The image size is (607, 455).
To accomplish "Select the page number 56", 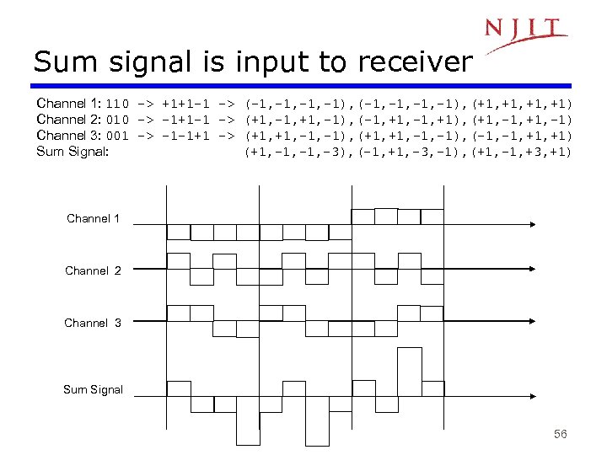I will [561, 434].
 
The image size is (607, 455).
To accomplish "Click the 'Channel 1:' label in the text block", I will [69, 104].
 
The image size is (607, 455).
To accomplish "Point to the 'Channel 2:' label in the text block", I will [69, 120].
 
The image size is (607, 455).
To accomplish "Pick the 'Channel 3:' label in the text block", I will [69, 136].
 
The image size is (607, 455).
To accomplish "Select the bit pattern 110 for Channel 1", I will [117, 104].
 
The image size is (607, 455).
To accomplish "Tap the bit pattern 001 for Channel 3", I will [117, 136].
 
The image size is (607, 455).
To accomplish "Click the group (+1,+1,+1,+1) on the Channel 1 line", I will [523, 104].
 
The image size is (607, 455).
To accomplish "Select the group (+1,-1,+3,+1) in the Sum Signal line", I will [523, 152].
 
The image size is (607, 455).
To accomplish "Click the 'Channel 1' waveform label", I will [93, 219].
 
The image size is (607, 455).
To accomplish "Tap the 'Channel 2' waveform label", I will [93, 270].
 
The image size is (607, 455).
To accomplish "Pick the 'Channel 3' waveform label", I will [93, 323].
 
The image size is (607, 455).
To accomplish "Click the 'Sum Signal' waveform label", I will [93, 389].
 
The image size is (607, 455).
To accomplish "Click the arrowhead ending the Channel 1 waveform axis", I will [532, 225].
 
